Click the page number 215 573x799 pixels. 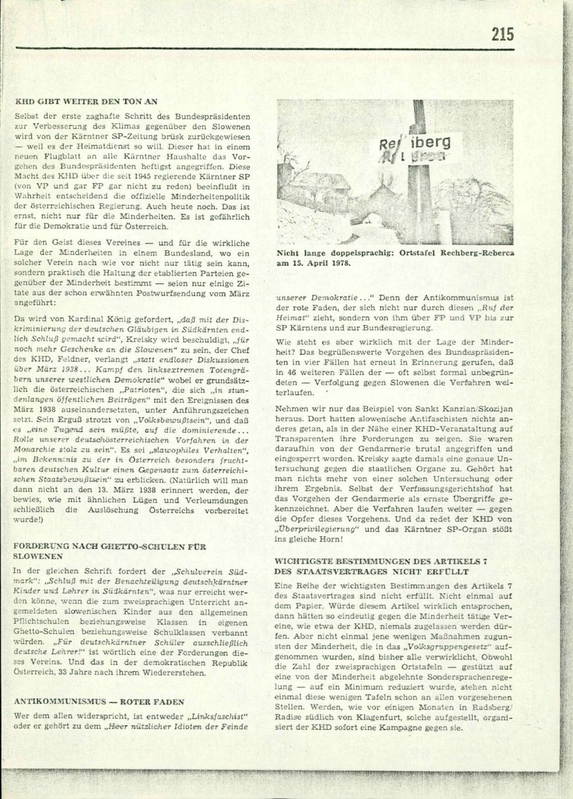[502, 35]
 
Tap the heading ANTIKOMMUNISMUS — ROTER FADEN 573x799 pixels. [99, 701]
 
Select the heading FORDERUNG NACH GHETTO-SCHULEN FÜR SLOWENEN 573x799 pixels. [109, 551]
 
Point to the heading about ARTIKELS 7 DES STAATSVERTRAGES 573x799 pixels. [380, 567]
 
